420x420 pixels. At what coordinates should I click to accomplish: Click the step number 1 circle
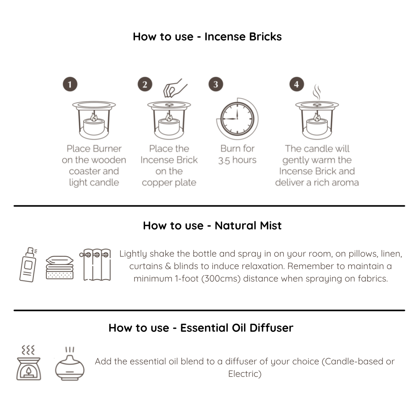(x=70, y=84)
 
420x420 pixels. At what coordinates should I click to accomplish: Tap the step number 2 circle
(x=145, y=84)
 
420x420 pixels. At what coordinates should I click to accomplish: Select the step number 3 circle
(x=215, y=84)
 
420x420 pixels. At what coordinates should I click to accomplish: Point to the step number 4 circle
(x=296, y=84)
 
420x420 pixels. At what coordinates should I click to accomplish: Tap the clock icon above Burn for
(x=237, y=119)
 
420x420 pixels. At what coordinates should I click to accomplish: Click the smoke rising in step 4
(x=317, y=92)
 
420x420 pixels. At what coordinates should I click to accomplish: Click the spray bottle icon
(x=28, y=265)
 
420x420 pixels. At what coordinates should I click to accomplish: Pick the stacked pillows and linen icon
(x=59, y=268)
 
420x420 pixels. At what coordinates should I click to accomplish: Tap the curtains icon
(x=95, y=265)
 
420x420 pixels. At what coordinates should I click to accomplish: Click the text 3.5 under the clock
(x=224, y=160)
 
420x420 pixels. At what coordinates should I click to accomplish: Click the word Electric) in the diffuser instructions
(x=245, y=374)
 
